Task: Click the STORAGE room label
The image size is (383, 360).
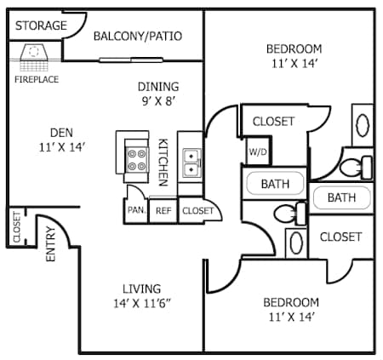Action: click(x=41, y=26)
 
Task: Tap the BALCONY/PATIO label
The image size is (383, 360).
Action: click(x=138, y=36)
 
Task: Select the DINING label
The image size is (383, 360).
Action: click(x=158, y=86)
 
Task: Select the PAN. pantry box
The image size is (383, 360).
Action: click(x=135, y=210)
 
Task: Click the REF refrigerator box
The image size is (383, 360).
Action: click(x=162, y=210)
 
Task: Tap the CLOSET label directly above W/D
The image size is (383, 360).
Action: click(x=273, y=122)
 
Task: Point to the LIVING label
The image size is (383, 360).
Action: click(x=140, y=289)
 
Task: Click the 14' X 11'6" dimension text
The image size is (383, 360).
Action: click(x=141, y=303)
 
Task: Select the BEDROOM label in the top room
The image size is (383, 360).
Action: click(x=294, y=48)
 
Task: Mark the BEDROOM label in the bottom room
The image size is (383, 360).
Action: click(x=290, y=302)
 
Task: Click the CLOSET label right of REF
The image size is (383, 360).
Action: click(x=198, y=210)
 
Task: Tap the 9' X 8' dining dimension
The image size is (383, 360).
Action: click(x=158, y=100)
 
